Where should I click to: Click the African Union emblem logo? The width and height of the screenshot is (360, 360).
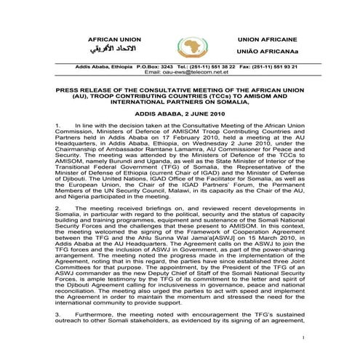tap(180, 45)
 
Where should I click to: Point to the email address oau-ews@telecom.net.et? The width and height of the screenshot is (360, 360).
tap(180, 72)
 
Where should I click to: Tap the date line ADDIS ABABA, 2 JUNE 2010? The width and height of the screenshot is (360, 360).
tap(180, 114)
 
